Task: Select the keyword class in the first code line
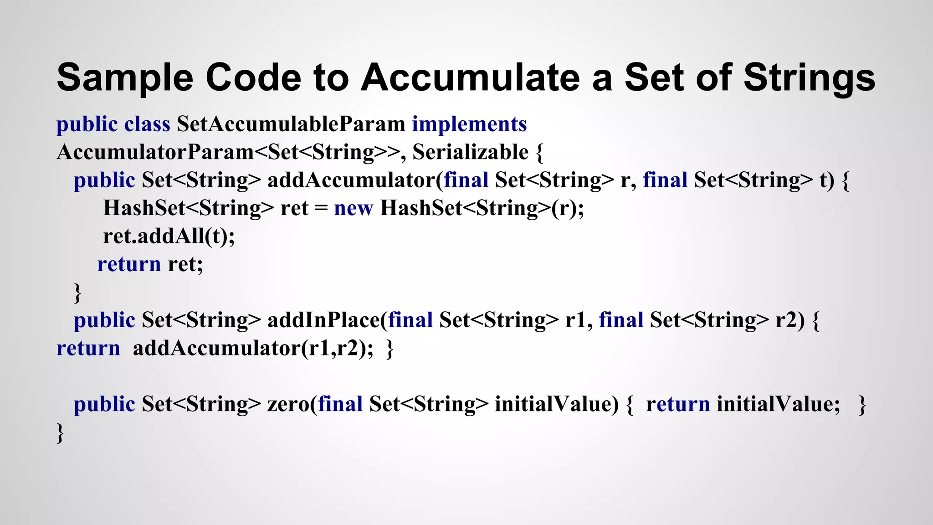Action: pos(147,124)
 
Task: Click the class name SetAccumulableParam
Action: pos(291,124)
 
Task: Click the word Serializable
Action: pos(470,152)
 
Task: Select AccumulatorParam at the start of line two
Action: pos(155,152)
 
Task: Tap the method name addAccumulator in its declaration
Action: pos(351,180)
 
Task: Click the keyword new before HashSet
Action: pos(353,209)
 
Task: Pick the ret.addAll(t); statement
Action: pos(169,236)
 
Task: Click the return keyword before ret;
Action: pos(129,264)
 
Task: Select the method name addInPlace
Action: pos(324,320)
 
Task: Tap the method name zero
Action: pos(288,404)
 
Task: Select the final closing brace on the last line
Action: pos(60,433)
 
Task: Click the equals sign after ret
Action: pos(321,209)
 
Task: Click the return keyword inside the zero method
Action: pos(677,404)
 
